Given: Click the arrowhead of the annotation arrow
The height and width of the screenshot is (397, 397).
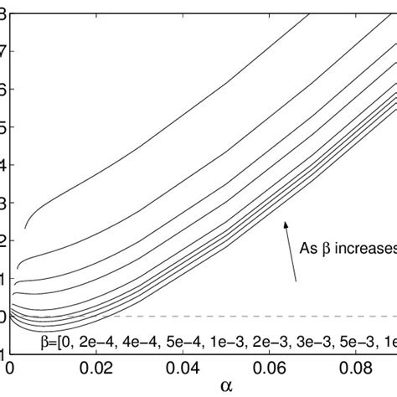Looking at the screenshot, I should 286,223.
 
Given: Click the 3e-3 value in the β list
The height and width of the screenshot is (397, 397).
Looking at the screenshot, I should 305,342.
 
